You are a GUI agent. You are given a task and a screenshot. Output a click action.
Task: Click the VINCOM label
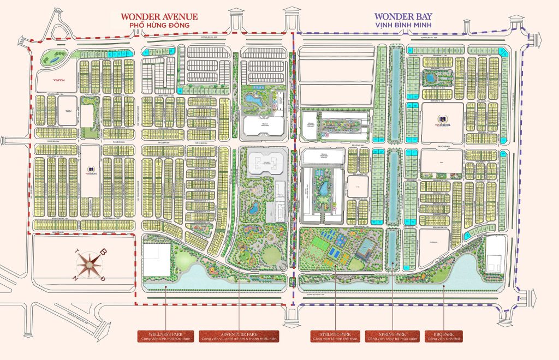click(52, 80)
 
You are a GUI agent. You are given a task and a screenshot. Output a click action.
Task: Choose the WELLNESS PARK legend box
click(165, 336)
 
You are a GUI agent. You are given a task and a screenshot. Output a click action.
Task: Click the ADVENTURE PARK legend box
click(239, 336)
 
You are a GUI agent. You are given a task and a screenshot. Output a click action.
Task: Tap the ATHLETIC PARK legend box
click(335, 336)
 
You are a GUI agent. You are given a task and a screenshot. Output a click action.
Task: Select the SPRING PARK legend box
click(392, 336)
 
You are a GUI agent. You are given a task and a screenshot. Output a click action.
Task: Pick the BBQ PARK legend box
click(443, 336)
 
